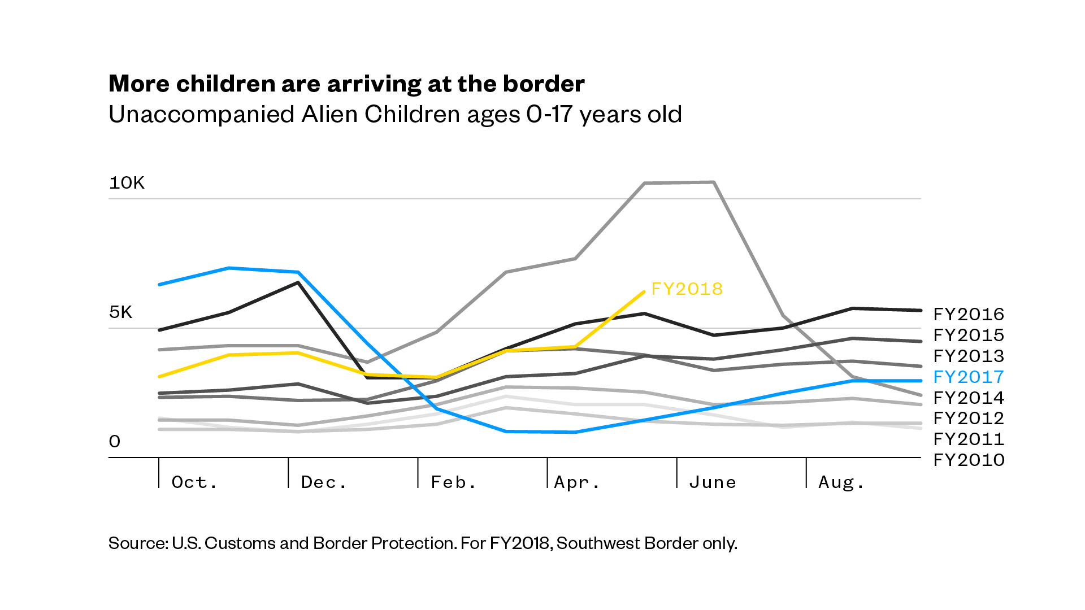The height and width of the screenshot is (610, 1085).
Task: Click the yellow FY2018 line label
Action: [x=687, y=289]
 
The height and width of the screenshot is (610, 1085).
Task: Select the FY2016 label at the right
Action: [x=969, y=315]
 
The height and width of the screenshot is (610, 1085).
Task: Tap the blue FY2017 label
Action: [x=969, y=377]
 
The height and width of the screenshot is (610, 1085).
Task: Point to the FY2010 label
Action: [x=969, y=460]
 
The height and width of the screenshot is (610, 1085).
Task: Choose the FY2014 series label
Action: [x=969, y=398]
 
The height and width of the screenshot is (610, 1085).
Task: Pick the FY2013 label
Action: [x=969, y=356]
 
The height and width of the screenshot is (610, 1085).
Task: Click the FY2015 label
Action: [x=969, y=335]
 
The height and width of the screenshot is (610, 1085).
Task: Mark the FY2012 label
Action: [x=969, y=419]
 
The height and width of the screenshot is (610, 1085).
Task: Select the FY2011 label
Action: [x=969, y=439]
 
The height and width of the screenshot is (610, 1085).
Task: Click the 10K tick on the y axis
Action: [x=127, y=183]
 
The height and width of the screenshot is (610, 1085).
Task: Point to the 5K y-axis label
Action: [x=121, y=312]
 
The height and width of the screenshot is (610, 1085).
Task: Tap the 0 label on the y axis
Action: [x=115, y=442]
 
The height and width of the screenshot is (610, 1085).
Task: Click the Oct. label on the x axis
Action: [x=194, y=482]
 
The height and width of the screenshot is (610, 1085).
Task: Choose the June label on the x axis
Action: [x=713, y=482]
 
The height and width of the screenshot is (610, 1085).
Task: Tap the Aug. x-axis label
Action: [x=841, y=482]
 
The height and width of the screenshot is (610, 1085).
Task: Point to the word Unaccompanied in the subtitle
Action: [x=201, y=115]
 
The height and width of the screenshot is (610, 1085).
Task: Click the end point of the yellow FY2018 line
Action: [x=644, y=292]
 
